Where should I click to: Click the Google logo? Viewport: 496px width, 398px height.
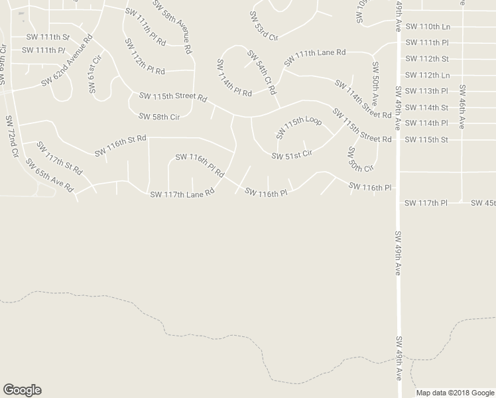(22, 390)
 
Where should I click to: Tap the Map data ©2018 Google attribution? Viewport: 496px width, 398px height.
(455, 392)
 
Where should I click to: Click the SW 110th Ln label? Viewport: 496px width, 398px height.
(427, 27)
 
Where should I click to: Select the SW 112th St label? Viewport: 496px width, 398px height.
(426, 58)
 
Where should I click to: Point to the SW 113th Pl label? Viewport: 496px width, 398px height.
(426, 91)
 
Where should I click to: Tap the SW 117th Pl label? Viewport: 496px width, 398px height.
(426, 202)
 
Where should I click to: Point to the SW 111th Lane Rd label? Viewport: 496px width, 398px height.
(316, 58)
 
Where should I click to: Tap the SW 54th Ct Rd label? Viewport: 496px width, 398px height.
(261, 72)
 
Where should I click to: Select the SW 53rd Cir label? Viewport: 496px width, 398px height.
(264, 26)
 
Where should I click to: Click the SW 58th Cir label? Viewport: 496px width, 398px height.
(159, 117)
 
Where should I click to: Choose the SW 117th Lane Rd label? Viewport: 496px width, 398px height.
(182, 194)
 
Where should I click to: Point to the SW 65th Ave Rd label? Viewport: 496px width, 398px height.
(49, 176)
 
